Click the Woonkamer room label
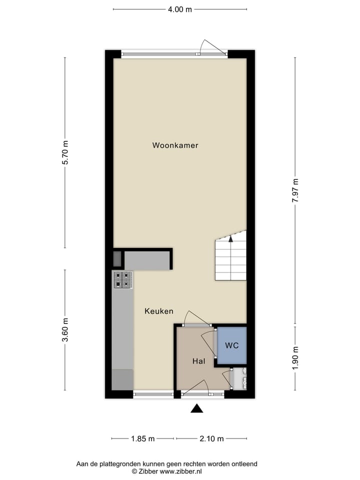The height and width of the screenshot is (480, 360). (175, 145)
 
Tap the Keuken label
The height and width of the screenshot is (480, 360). (159, 311)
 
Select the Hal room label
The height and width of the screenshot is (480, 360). (199, 360)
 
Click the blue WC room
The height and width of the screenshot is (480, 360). (231, 345)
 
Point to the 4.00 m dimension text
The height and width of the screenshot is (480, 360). (179, 9)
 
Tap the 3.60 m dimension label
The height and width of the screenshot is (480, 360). (65, 330)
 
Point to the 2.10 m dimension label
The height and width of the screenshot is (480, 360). (211, 438)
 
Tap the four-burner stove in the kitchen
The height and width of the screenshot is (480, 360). (123, 279)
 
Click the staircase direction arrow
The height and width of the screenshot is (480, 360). (230, 238)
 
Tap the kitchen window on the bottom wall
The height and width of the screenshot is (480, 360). (153, 394)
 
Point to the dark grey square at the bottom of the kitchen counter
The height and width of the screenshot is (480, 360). (122, 379)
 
